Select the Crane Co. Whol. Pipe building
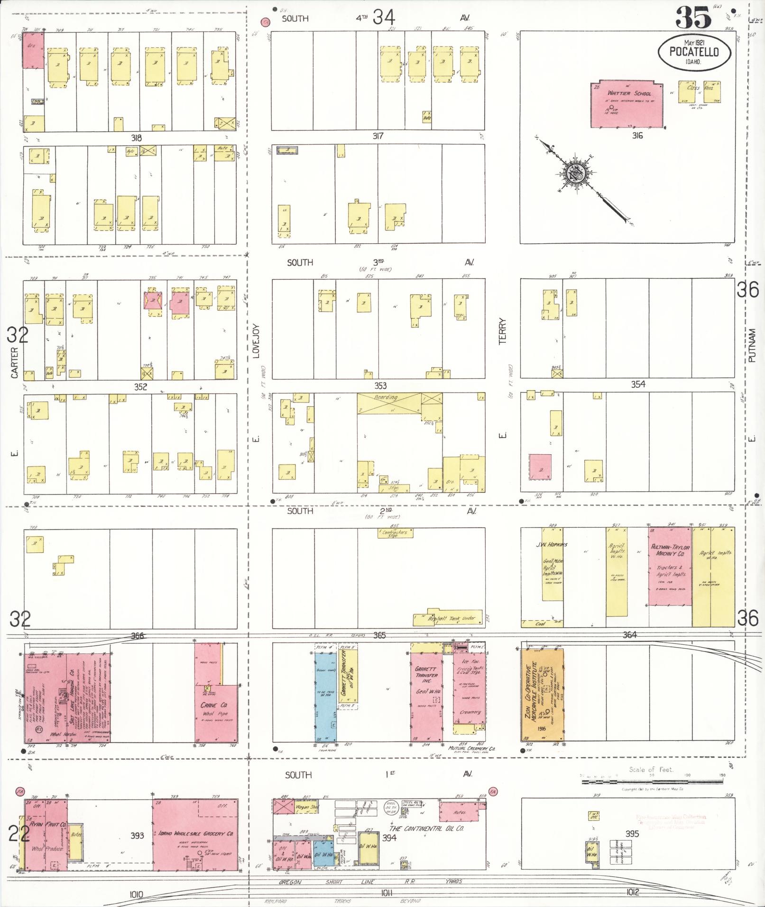point(216,711)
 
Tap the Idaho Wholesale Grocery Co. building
point(195,834)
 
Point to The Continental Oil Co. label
point(426,828)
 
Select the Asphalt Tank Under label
point(451,619)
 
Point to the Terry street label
point(503,331)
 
